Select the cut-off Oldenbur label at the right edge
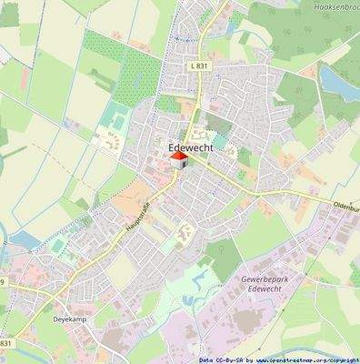(345, 207)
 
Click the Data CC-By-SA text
(220, 359)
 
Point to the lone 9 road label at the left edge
(3, 283)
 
